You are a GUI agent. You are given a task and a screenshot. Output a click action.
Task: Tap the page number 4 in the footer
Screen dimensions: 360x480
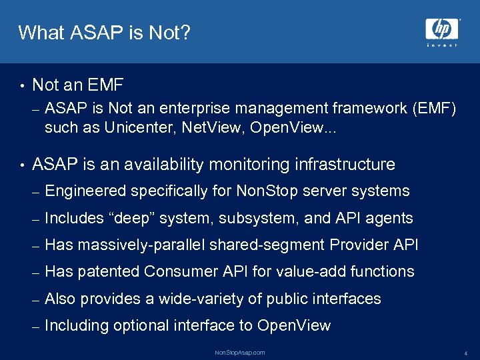tap(465, 353)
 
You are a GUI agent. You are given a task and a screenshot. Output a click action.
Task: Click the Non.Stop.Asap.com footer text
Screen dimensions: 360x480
tap(240, 352)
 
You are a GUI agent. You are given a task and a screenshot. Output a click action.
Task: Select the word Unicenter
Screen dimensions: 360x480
tap(136, 129)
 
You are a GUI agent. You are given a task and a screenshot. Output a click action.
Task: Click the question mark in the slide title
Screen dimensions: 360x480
tap(185, 32)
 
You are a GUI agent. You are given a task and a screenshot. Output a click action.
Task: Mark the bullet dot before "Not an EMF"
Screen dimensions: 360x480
tap(22, 85)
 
